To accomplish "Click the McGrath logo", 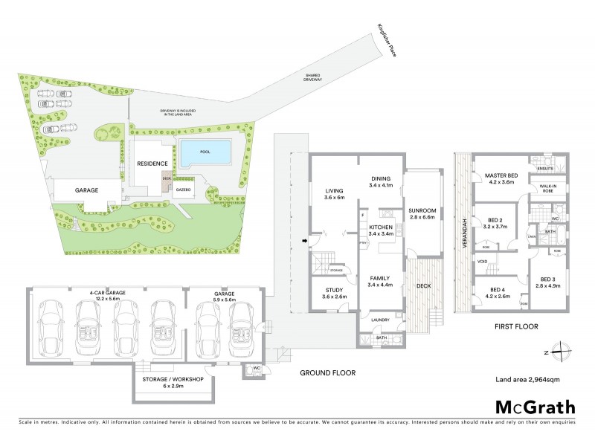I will click(535, 407).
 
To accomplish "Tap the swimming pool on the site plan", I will click(203, 153).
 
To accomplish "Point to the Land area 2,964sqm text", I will click(527, 379).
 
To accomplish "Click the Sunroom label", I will click(422, 211).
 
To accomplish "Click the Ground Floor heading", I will click(327, 372).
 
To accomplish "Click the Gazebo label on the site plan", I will click(184, 190).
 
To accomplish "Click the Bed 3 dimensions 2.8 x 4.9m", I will click(547, 285).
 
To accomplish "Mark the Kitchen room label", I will click(380, 227).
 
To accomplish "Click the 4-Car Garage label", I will click(106, 293).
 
